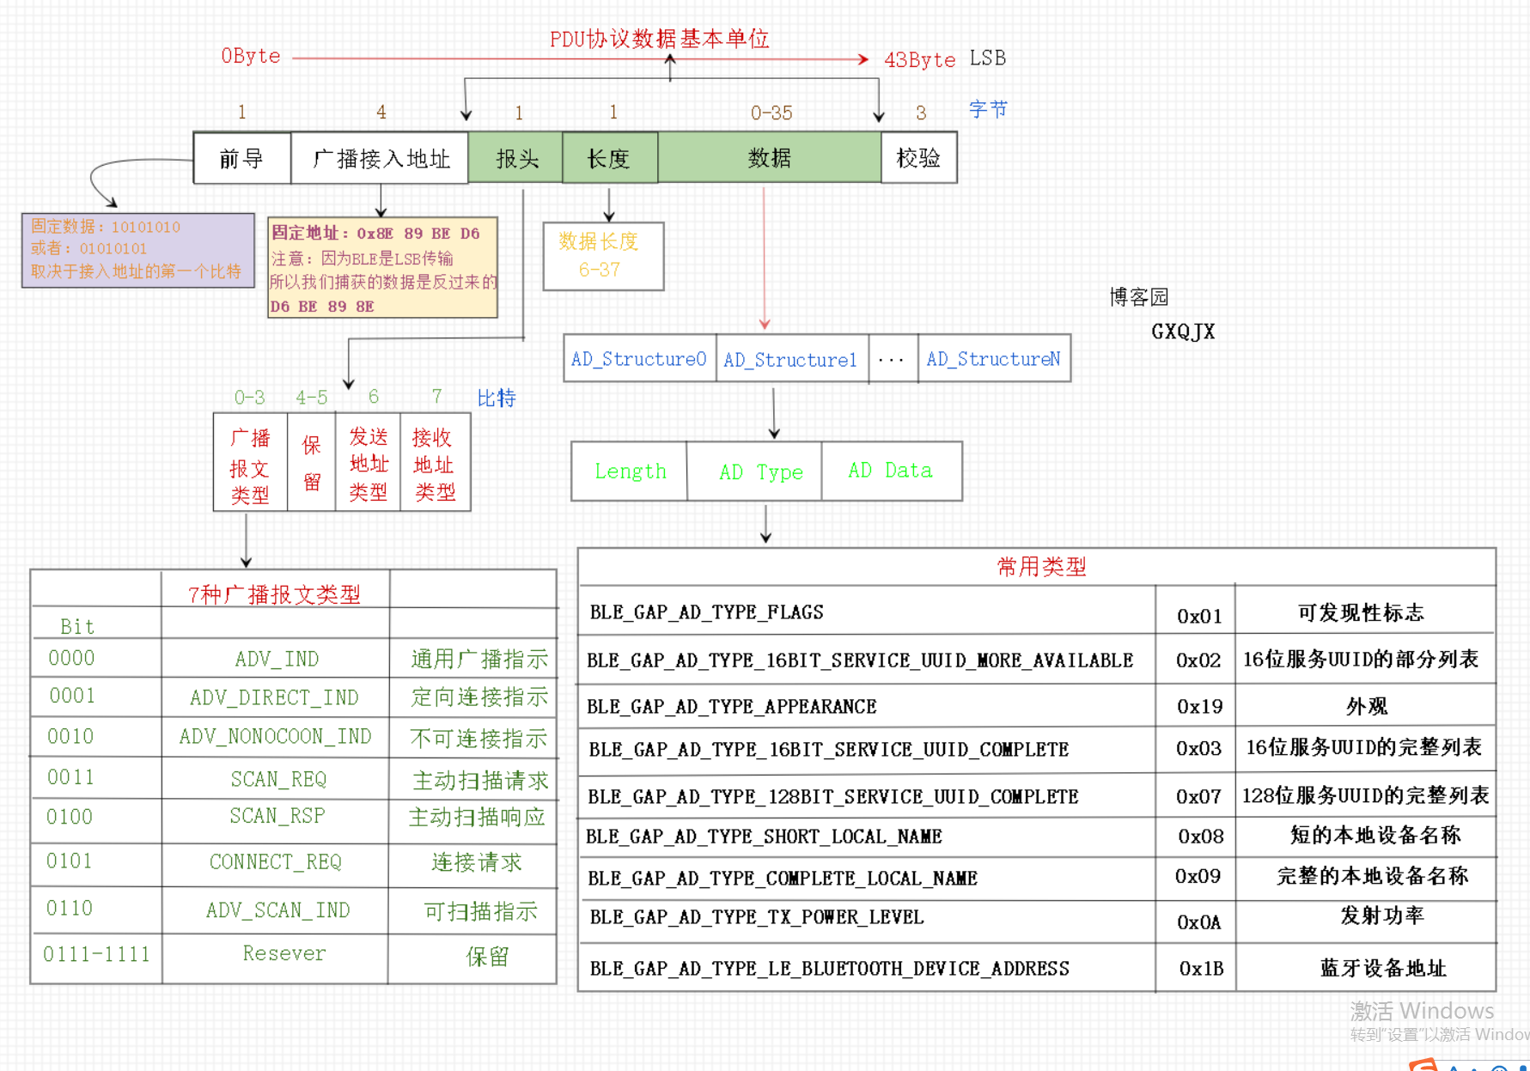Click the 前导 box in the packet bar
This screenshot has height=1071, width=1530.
point(242,158)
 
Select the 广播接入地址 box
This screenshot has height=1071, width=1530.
point(380,158)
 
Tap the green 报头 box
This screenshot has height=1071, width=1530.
point(516,158)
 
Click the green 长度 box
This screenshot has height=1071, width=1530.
point(609,158)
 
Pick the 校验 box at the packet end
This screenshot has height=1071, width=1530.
point(918,158)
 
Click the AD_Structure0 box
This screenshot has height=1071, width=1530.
point(639,359)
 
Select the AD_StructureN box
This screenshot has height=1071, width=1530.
point(993,359)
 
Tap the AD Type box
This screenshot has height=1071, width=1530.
point(760,472)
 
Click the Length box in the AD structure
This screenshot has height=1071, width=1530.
point(630,472)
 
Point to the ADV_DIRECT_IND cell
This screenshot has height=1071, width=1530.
point(275,697)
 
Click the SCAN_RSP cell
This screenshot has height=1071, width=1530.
point(277,816)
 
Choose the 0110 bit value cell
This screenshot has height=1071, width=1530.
point(70,909)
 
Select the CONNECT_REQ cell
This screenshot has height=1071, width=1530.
point(276,862)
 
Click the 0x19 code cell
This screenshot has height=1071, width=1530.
point(1199,707)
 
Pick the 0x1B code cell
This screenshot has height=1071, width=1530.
point(1201,969)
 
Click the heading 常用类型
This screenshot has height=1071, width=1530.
point(1041,567)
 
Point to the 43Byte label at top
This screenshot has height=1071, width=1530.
point(919,60)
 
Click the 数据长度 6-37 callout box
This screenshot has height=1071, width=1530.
point(603,256)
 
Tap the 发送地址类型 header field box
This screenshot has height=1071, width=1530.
point(369,464)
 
